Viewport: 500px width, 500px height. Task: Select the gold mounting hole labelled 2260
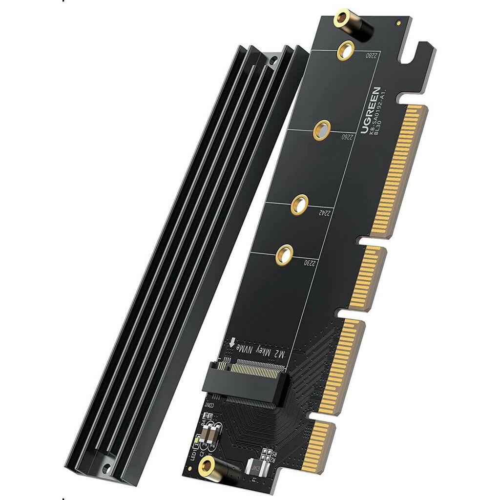click(x=321, y=130)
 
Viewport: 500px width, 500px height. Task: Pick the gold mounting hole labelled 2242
click(x=299, y=205)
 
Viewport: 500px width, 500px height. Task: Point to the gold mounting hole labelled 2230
click(x=283, y=254)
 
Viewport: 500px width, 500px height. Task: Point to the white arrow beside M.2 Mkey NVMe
click(x=233, y=344)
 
